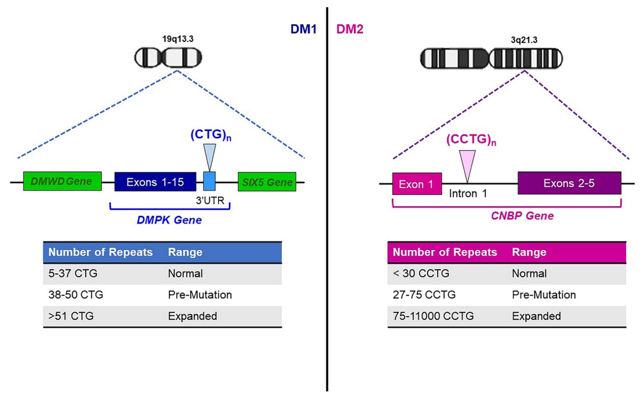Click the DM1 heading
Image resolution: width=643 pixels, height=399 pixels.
point(303,29)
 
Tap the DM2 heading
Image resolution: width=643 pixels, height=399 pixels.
point(350,29)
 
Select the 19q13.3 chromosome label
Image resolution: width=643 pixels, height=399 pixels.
point(177,39)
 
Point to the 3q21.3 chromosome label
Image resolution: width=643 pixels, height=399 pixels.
point(524,40)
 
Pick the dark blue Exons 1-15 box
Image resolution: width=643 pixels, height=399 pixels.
point(155,182)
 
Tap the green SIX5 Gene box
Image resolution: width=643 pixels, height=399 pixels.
point(267,182)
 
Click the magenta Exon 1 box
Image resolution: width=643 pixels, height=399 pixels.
point(417,184)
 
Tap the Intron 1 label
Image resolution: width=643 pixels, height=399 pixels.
point(468,194)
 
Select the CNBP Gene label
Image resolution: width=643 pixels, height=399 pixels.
point(522,216)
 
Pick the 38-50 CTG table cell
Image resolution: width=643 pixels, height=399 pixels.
point(76,295)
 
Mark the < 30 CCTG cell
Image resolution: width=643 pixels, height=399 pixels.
point(421,273)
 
